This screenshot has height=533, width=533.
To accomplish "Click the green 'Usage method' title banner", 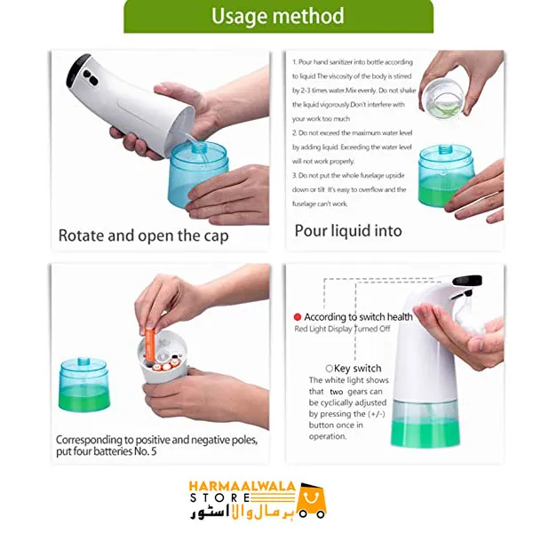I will tap(278, 16).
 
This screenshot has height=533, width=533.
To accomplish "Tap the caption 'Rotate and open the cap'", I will tap(143, 235).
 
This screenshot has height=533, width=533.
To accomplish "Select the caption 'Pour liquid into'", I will tap(348, 231).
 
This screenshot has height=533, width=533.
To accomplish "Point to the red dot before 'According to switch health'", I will tap(298, 316).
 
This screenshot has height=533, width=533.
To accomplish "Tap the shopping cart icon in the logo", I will tap(312, 499).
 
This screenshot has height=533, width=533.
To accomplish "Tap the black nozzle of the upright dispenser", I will tap(465, 282).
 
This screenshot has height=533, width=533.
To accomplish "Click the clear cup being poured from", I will tap(448, 94).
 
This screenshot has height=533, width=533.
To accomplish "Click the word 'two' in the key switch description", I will tap(336, 391).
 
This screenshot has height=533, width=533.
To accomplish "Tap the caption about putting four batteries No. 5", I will tap(156, 445).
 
